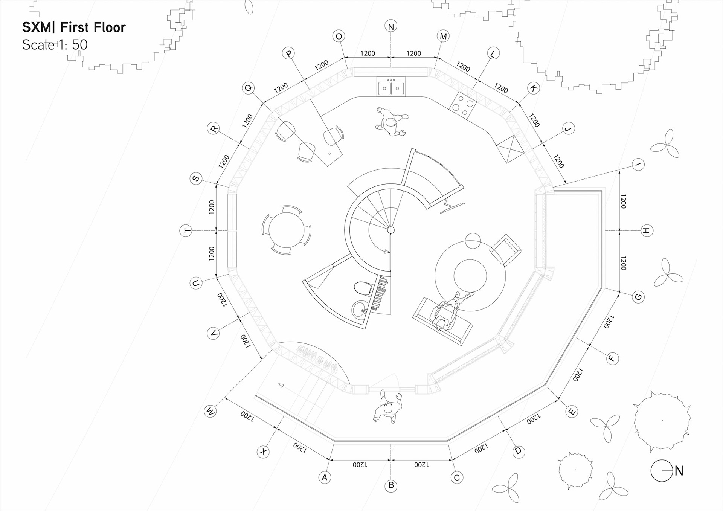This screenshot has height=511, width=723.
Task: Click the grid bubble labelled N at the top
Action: (x=391, y=26)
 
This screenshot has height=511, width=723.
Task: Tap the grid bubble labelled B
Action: (x=391, y=485)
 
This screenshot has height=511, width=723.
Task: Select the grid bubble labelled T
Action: (x=186, y=230)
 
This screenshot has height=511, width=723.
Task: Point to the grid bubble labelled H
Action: (x=647, y=230)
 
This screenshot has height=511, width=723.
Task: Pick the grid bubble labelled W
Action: (x=210, y=411)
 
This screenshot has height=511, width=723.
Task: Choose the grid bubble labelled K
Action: (x=533, y=88)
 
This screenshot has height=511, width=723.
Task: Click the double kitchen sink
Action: (x=391, y=87)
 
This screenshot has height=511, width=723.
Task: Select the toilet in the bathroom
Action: (x=362, y=289)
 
